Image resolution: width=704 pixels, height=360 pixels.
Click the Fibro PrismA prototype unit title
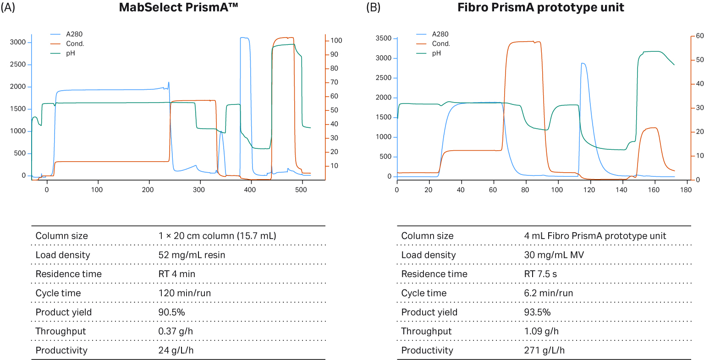coord(541,8)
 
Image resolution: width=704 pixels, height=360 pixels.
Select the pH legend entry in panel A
coord(70,53)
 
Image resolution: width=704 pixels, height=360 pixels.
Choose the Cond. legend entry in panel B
coord(441,44)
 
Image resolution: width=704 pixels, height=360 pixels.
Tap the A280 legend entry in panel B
coord(440,34)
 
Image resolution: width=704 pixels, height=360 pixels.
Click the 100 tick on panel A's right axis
coord(336,40)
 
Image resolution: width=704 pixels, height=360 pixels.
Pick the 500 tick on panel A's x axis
coord(301,190)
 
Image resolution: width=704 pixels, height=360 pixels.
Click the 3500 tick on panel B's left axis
coord(383,38)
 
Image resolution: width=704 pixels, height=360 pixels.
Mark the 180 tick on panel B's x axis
coord(686,190)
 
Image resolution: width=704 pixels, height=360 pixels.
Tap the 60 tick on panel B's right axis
coord(699,36)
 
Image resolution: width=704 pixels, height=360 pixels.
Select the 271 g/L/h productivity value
coord(544,350)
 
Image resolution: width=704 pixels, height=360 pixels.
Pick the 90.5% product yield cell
coord(171,312)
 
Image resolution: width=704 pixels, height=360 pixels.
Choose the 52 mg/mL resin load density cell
coord(192,255)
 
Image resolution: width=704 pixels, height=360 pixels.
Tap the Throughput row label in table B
coord(426,331)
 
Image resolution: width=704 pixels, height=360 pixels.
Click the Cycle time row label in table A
coord(58,293)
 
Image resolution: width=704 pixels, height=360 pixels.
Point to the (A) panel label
coord(8,8)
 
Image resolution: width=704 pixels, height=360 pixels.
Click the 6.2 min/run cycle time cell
coord(548,293)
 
